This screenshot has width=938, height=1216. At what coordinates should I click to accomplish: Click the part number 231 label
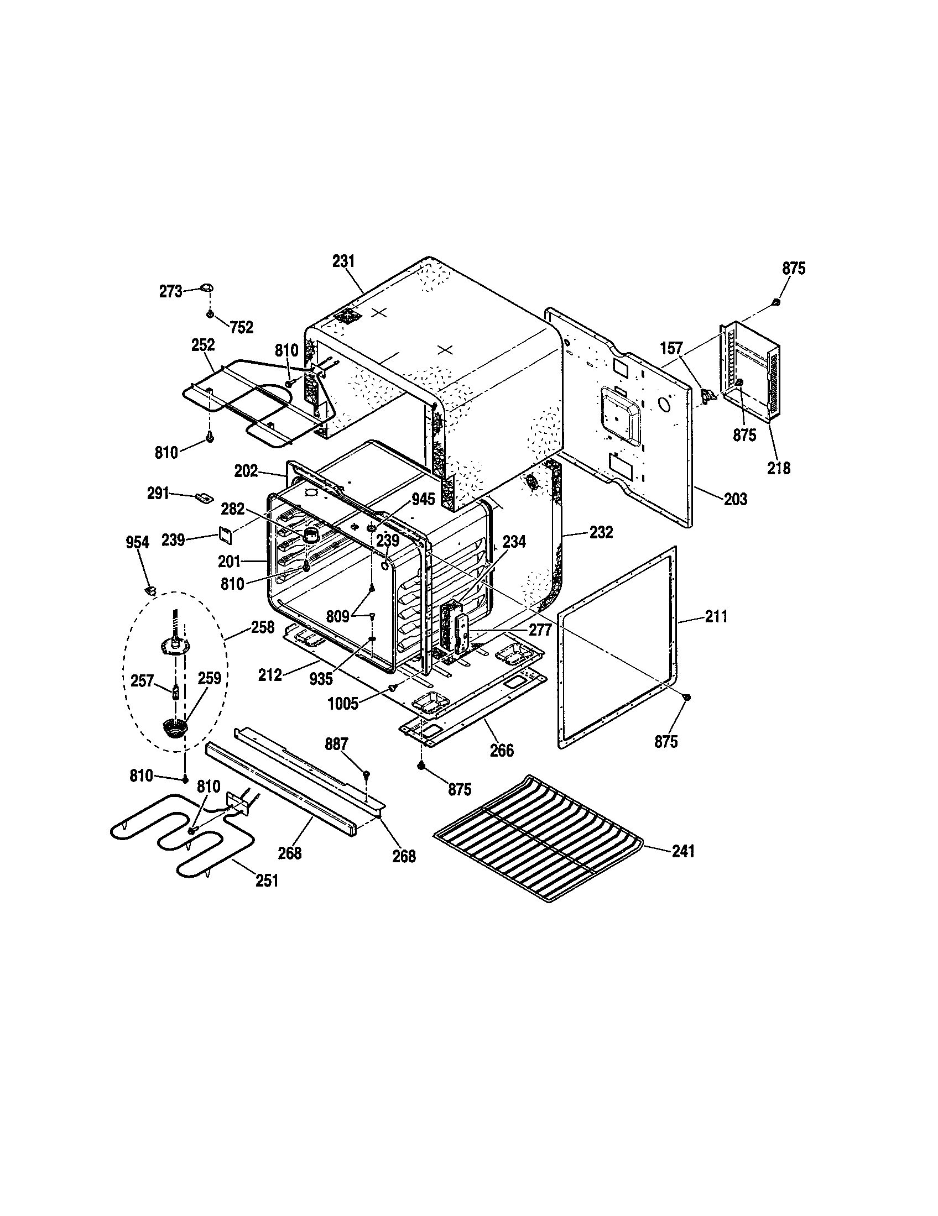pos(343,261)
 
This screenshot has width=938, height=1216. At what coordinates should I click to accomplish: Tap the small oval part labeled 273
pos(207,287)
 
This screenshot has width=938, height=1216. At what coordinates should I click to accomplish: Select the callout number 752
pos(242,327)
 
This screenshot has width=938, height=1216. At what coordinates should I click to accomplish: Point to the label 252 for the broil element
pos(203,345)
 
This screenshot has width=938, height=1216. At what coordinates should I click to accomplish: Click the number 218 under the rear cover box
pos(778,468)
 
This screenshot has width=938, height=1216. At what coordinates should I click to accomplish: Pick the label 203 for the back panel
pos(735,499)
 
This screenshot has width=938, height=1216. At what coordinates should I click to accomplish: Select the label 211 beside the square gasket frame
pos(716,616)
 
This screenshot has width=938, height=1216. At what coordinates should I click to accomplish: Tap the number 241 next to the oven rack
pos(683,851)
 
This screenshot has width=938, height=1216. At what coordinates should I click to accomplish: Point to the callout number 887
pos(336,744)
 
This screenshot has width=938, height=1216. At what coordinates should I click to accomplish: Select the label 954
pos(137,542)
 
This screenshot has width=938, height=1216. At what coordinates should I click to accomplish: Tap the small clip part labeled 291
pos(203,496)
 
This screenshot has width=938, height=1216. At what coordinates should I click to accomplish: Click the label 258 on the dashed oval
pos(262,627)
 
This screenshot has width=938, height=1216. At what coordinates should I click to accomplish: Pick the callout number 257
pos(142,680)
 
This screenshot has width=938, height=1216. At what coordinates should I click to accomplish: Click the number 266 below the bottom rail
pos(501,751)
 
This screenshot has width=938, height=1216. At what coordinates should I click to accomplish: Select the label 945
pos(423,500)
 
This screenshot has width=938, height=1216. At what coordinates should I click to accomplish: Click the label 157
pos(671,349)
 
